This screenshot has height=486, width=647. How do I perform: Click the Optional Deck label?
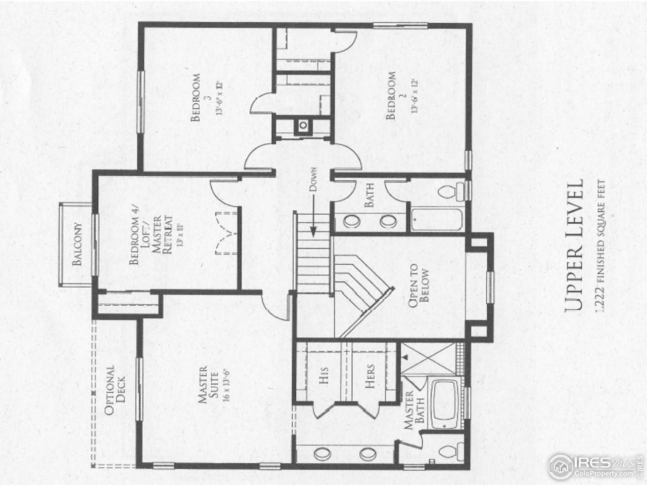115,390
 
